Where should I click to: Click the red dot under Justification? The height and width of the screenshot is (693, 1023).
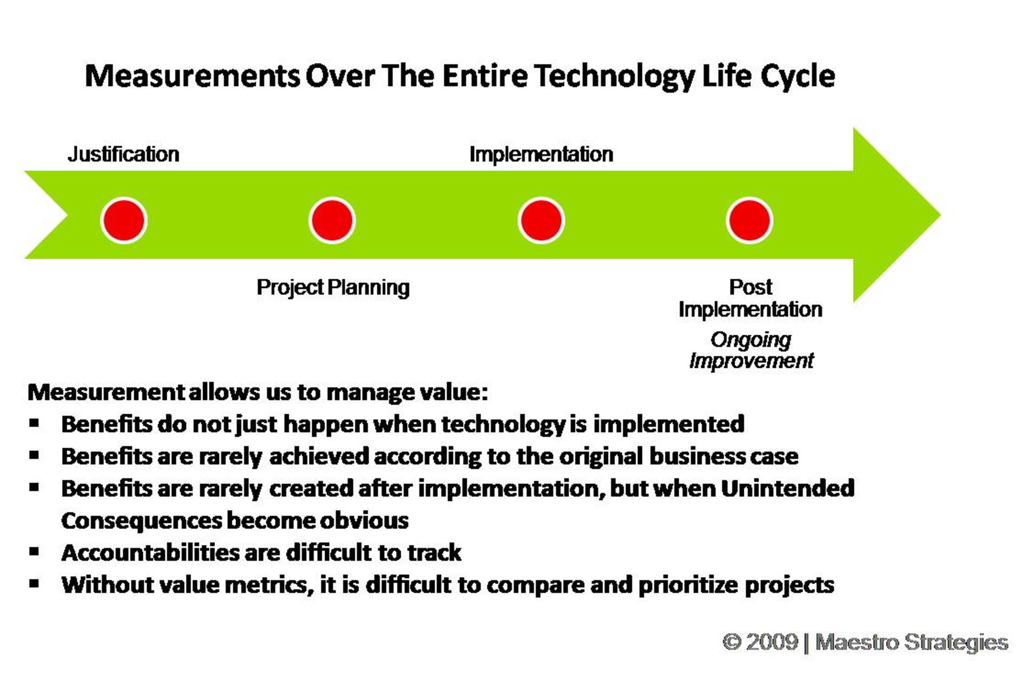click(124, 220)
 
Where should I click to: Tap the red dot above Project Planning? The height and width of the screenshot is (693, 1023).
click(332, 220)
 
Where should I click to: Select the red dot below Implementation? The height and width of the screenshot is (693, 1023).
click(541, 220)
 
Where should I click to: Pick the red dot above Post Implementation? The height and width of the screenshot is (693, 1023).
click(749, 220)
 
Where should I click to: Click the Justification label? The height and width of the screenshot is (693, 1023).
click(124, 155)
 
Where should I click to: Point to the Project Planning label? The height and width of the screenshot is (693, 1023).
click(333, 288)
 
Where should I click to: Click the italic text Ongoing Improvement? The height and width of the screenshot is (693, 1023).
click(751, 350)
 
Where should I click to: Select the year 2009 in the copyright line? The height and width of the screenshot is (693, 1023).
click(772, 642)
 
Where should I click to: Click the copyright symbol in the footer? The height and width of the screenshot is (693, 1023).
click(732, 642)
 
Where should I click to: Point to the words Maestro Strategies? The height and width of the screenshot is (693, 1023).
click(912, 643)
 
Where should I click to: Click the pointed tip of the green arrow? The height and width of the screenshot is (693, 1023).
click(941, 215)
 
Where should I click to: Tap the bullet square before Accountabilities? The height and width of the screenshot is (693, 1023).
click(35, 551)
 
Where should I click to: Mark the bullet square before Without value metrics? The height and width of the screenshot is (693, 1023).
click(35, 583)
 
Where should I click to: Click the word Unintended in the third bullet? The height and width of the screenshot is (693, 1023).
click(788, 488)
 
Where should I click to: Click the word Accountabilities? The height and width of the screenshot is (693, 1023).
click(150, 553)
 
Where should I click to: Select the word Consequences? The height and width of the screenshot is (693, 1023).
click(141, 521)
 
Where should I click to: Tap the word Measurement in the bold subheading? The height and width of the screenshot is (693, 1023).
click(106, 392)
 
